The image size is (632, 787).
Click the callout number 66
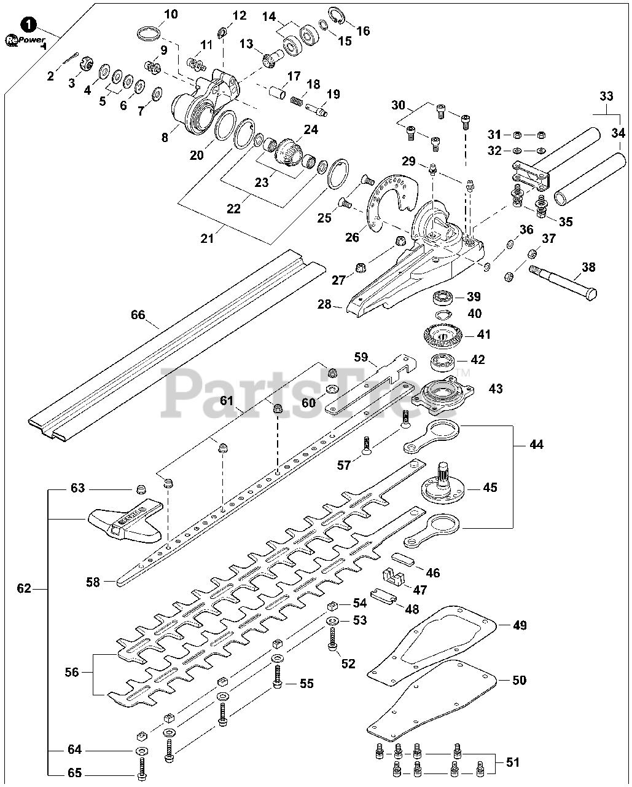[x=138, y=315]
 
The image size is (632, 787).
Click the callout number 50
[x=519, y=680]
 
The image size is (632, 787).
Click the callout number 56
[x=72, y=672]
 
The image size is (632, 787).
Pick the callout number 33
[x=606, y=96]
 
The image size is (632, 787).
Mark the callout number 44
[x=536, y=444]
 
